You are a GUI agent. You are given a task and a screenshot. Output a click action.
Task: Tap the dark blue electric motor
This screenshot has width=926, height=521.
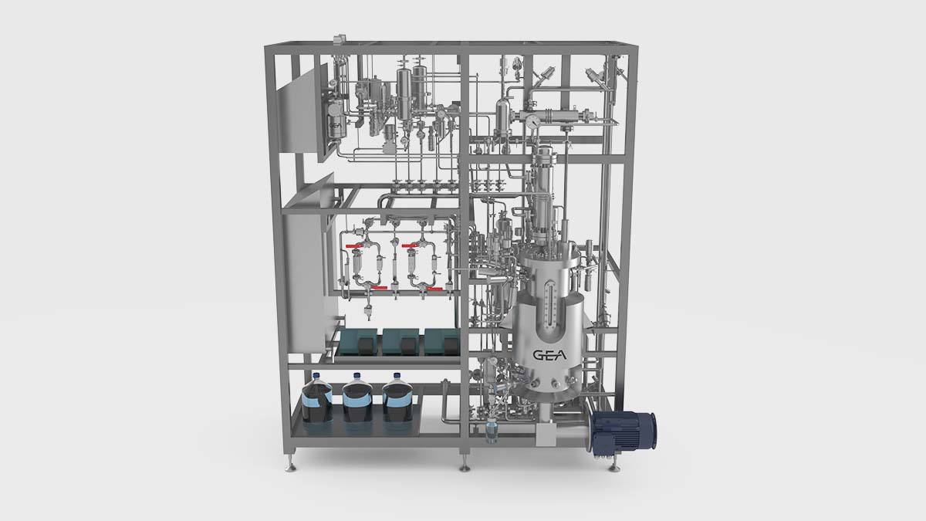624,431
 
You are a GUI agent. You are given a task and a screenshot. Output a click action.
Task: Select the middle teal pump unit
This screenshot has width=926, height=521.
400,340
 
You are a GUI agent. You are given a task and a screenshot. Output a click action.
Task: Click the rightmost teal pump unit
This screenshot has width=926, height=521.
441,340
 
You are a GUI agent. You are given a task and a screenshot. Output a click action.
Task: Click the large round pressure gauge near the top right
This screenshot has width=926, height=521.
532,121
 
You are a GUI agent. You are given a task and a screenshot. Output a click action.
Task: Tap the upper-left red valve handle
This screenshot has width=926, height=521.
354,246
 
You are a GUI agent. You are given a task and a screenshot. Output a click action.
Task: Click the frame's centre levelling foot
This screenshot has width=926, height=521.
465,466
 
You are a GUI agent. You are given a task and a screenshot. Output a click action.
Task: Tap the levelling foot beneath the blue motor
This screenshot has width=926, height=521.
613,466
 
